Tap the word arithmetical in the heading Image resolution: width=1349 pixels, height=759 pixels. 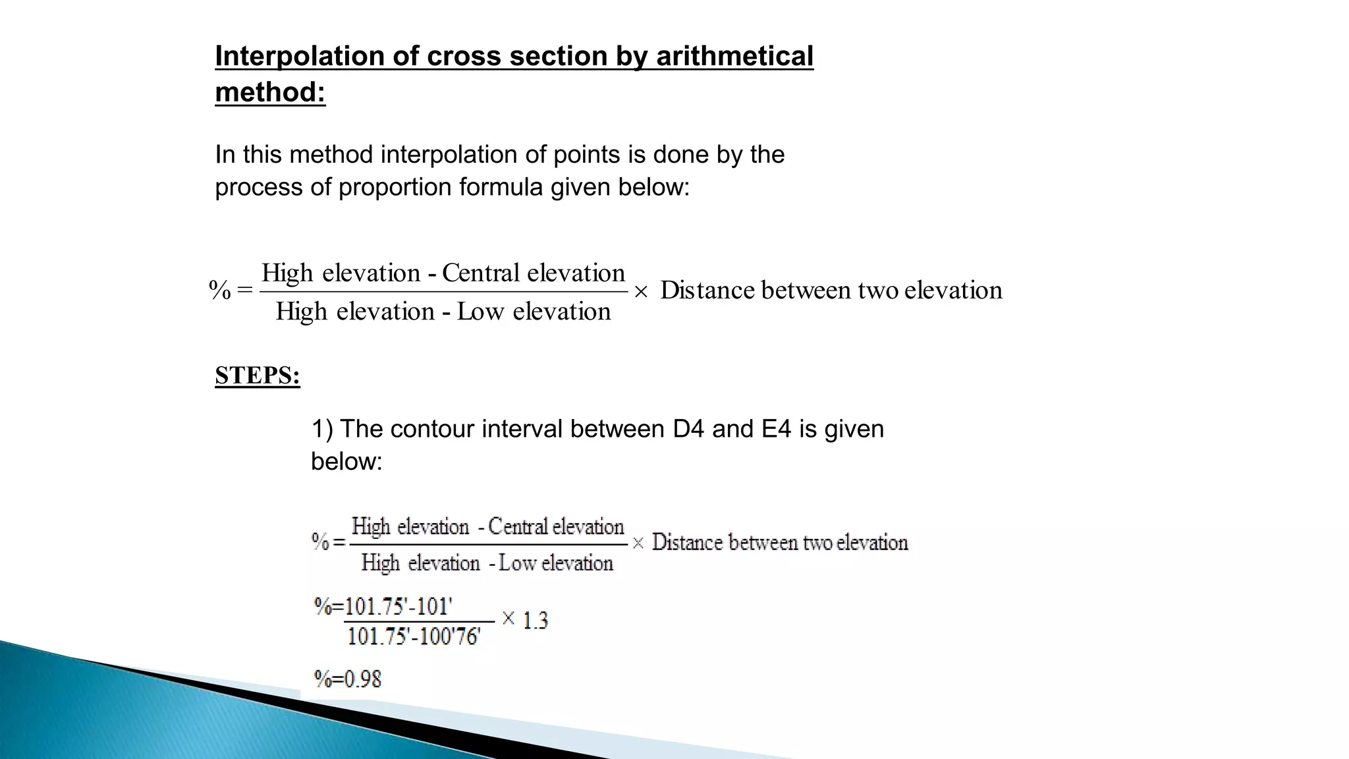(x=734, y=56)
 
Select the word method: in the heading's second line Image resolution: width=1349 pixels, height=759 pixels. (x=270, y=92)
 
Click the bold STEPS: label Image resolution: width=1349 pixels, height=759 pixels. (x=258, y=376)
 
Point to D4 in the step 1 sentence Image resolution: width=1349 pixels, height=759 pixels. (x=688, y=429)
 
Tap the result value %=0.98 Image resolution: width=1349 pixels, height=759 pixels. (x=348, y=679)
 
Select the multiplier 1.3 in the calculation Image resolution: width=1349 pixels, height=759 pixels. (x=535, y=620)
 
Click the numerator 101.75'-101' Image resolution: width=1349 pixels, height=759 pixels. (x=399, y=605)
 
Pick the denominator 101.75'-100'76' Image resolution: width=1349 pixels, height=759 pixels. (x=414, y=636)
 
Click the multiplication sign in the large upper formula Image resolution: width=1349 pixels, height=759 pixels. (x=641, y=291)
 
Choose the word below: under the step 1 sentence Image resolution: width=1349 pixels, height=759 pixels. (x=346, y=461)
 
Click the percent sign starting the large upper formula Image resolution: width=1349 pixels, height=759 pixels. (x=220, y=290)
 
